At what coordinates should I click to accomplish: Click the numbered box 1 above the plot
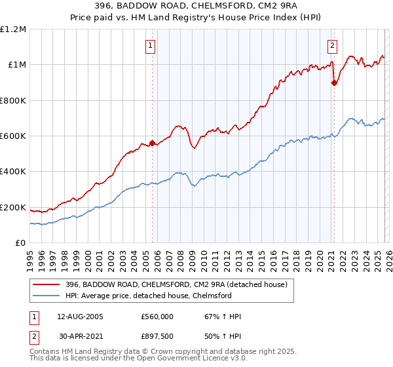(x=151, y=45)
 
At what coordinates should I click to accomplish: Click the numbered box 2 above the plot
(x=332, y=45)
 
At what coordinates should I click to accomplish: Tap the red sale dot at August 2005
(x=152, y=142)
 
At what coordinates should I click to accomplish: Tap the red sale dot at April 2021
(x=334, y=83)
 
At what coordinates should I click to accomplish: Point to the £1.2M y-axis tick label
(x=13, y=29)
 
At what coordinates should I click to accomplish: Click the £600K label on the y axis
(x=13, y=136)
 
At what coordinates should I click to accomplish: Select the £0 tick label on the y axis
(x=20, y=243)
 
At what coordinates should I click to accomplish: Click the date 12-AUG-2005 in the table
(x=76, y=317)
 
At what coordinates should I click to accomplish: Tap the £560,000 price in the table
(x=157, y=317)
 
